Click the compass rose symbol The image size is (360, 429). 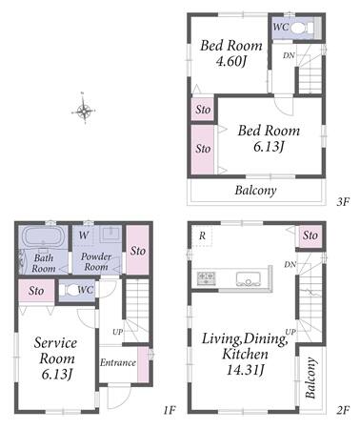83,110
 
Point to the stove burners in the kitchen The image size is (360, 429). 206,277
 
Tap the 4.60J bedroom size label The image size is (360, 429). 230,62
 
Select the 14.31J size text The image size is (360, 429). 245,370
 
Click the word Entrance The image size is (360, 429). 118,362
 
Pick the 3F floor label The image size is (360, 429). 343,201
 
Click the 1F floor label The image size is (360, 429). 170,410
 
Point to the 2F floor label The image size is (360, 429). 343,410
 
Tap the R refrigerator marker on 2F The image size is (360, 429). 202,235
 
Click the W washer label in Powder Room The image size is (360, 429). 84,235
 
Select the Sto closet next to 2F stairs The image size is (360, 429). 310,235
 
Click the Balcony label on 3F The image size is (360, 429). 255,191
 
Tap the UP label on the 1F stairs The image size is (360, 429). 118,332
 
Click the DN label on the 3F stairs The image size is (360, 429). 289,55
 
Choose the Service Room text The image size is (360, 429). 55,351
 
